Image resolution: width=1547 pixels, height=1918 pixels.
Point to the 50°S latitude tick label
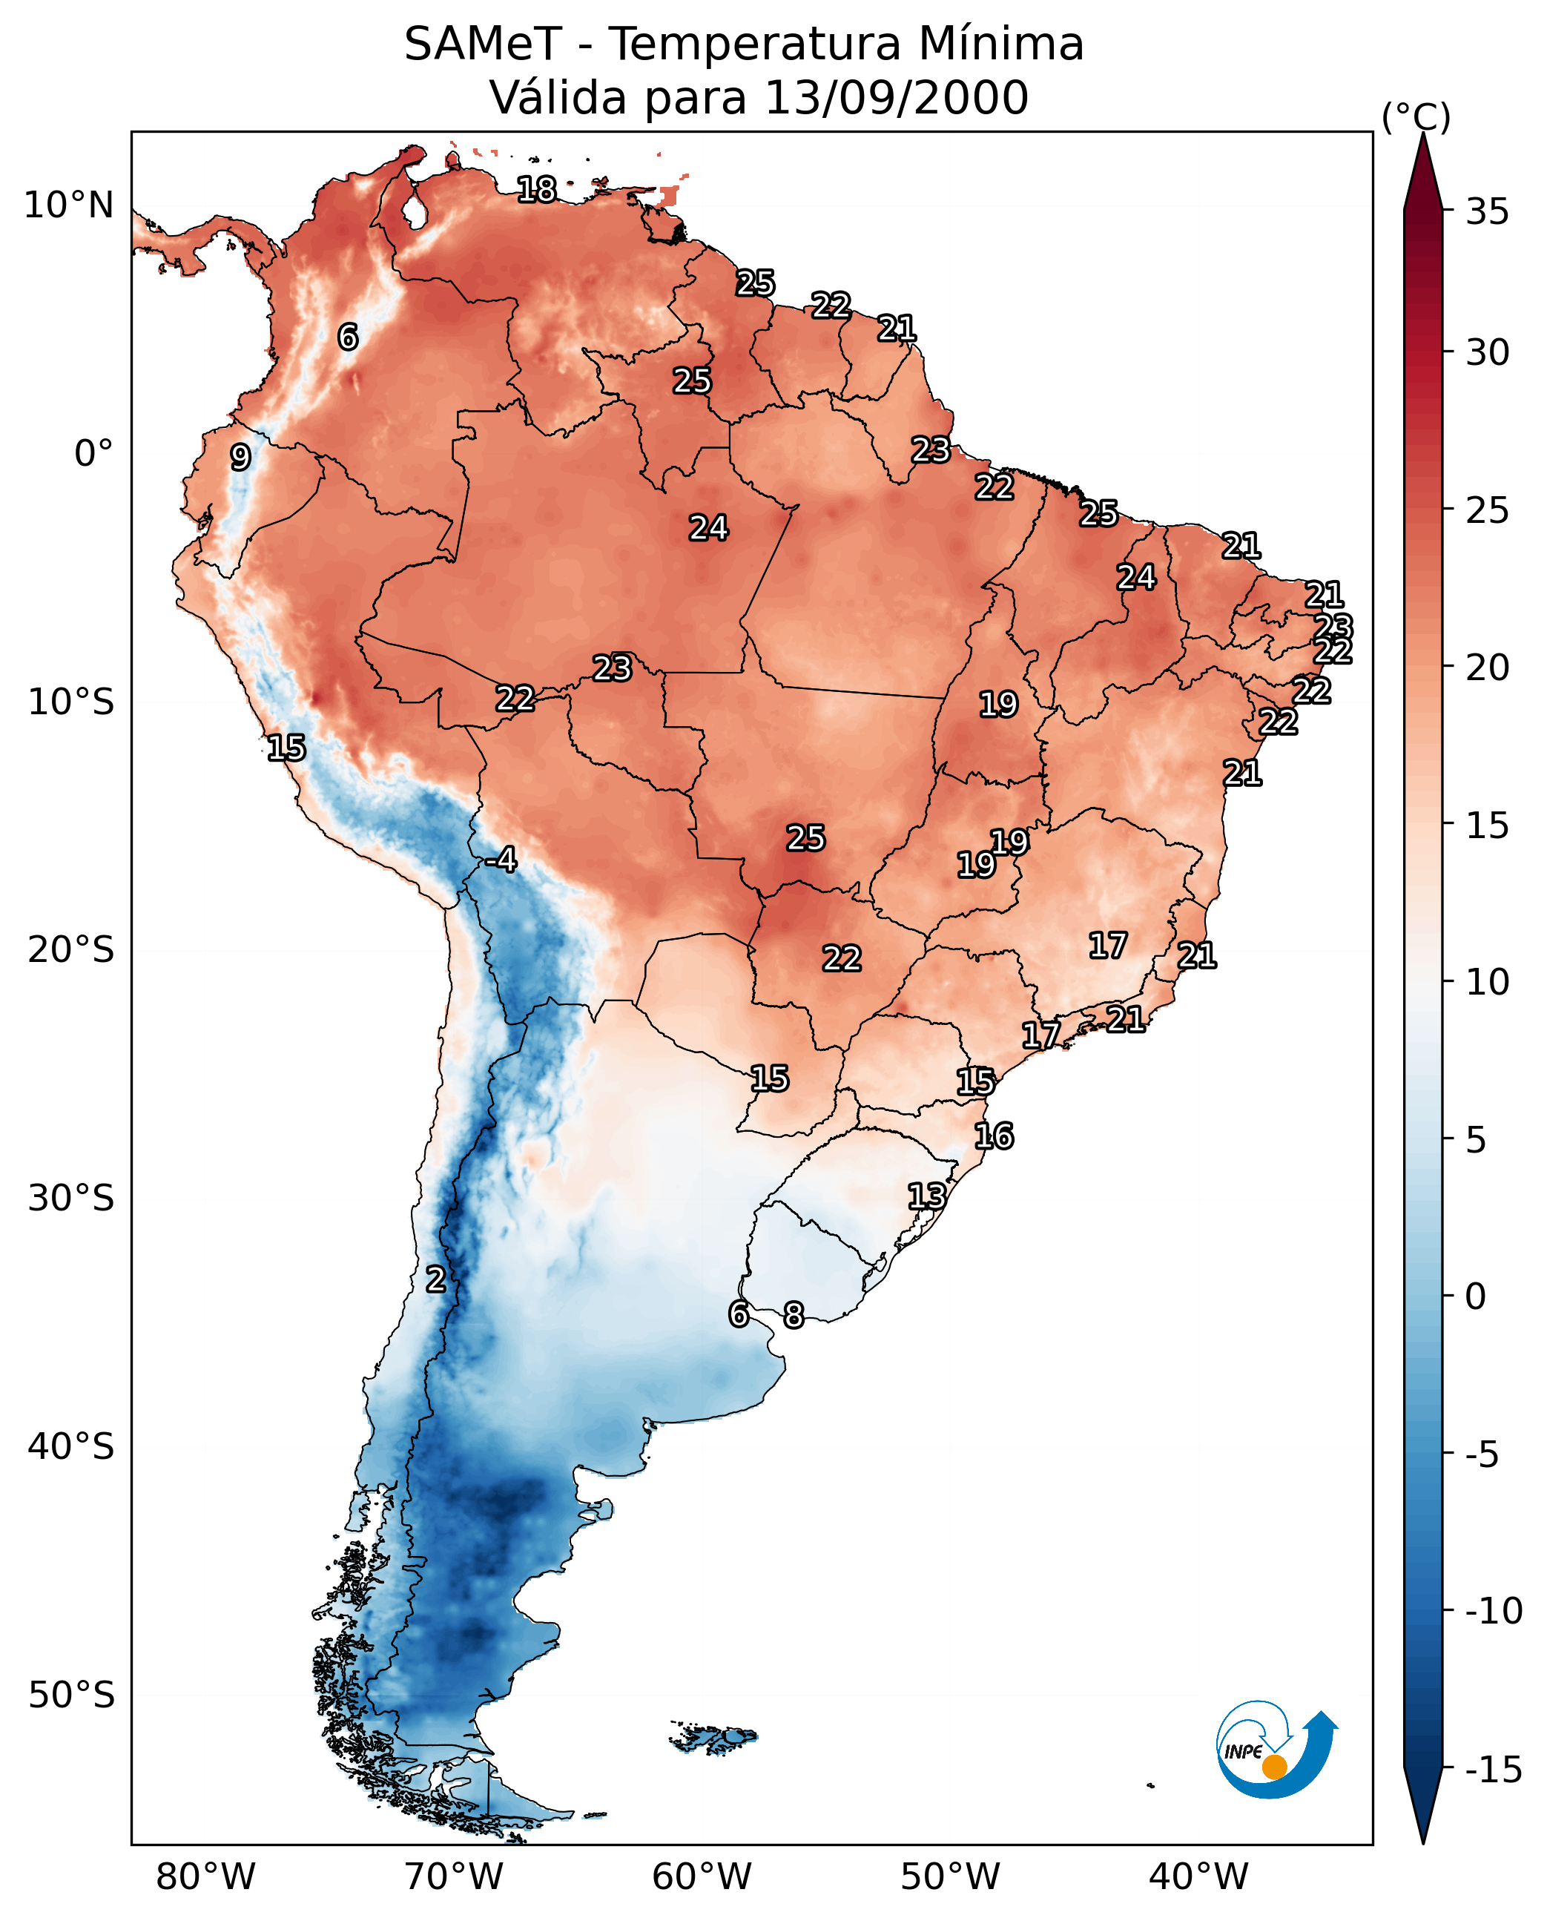click(71, 1694)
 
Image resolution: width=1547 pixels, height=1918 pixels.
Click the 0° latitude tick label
click(93, 454)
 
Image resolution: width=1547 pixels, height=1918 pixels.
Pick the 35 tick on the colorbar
click(1487, 212)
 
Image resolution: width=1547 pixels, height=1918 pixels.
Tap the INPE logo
click(1276, 1750)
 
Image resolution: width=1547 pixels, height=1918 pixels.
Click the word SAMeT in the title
click(483, 45)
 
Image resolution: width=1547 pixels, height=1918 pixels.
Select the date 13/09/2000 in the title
click(897, 98)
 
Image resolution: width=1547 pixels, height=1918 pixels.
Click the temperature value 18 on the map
click(536, 190)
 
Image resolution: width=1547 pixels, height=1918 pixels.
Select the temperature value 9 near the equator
click(240, 457)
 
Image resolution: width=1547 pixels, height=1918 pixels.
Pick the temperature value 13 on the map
click(927, 1196)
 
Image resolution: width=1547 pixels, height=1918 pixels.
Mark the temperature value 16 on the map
click(994, 1136)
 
